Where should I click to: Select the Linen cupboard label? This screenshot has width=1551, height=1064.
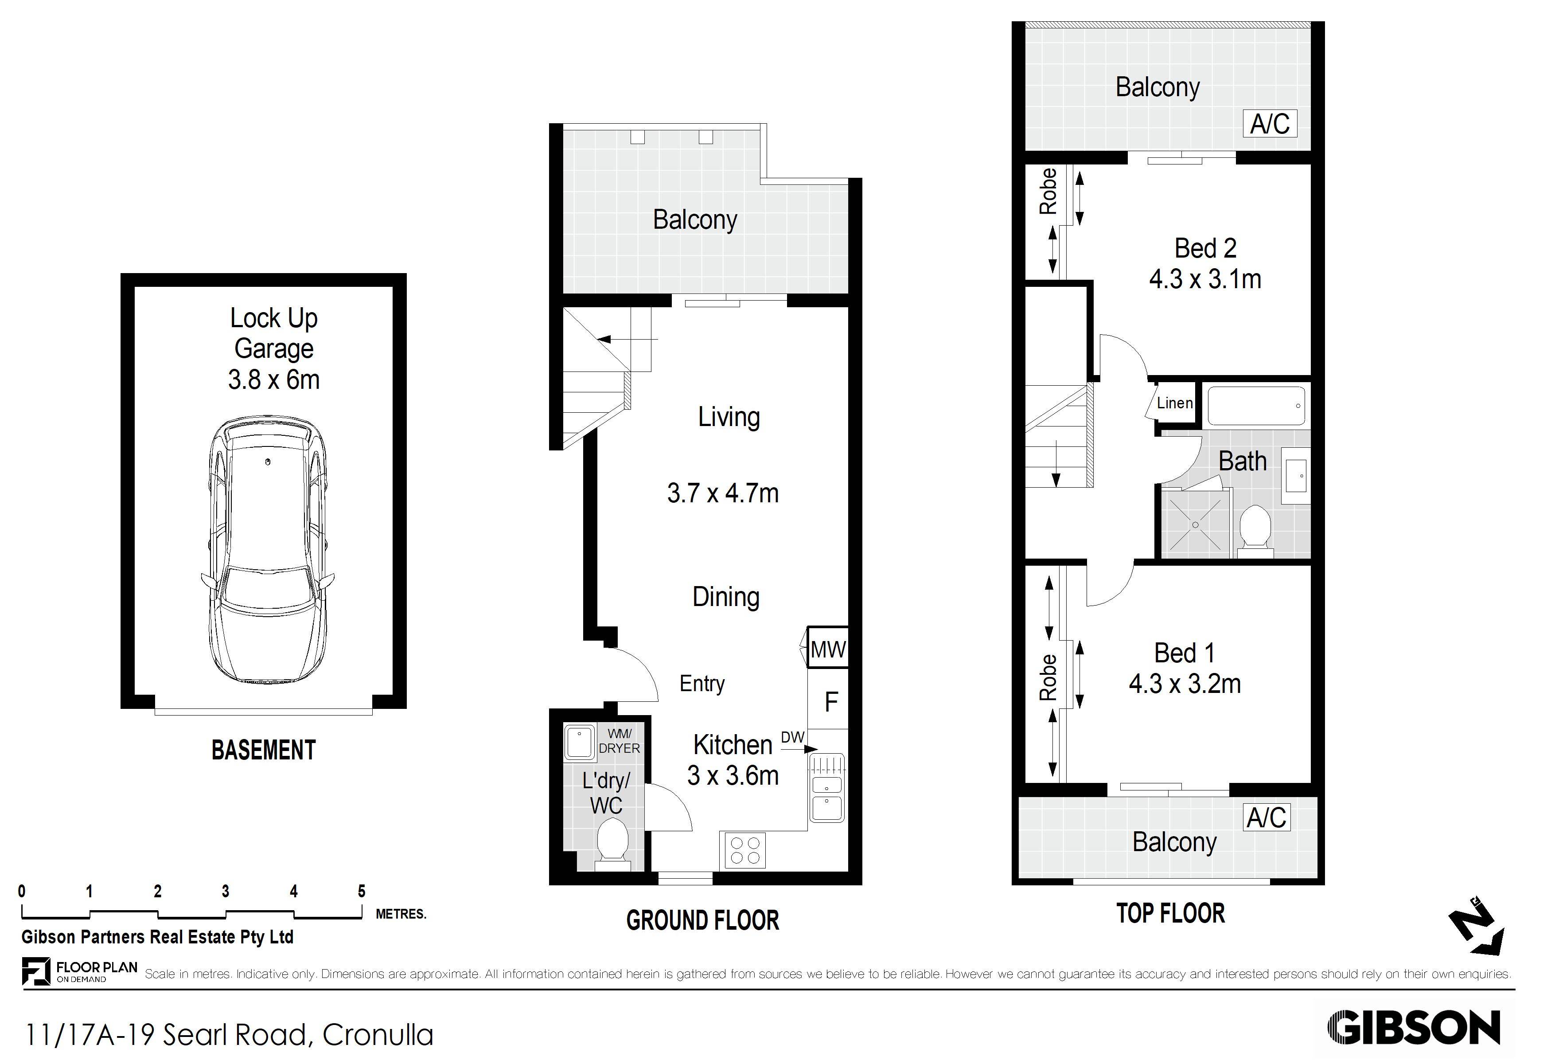(1175, 403)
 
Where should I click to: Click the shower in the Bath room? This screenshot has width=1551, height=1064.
(1195, 524)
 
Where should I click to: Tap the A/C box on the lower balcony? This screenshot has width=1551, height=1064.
(1267, 817)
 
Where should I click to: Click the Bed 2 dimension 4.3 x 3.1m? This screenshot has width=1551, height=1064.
(1205, 279)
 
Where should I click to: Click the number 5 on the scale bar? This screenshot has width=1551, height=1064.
(362, 891)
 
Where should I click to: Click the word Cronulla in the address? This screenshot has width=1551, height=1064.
(378, 1035)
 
